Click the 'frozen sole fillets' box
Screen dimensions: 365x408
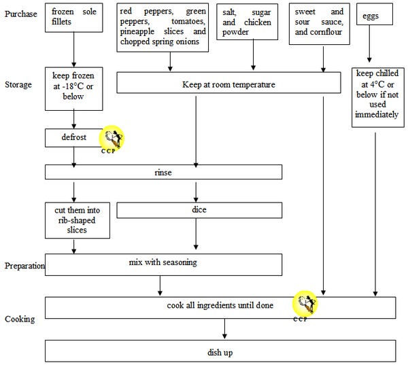tap(73, 18)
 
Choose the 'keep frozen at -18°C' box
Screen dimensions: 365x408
tap(73, 88)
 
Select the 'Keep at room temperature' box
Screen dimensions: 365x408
tap(228, 84)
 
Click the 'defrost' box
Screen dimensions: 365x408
tap(73, 138)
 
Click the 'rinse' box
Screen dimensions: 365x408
tap(163, 173)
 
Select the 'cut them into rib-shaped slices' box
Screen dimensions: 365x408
tap(73, 220)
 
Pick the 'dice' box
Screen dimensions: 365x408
tap(199, 211)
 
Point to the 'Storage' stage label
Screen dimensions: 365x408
tap(19, 84)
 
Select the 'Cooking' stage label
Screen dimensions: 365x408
tap(20, 319)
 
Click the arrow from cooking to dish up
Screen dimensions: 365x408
tap(224, 329)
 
